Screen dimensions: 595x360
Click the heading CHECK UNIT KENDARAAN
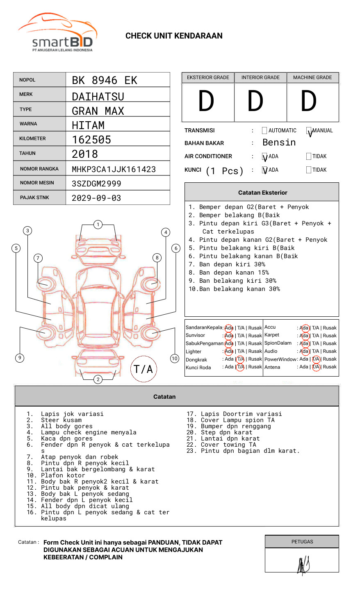(174, 36)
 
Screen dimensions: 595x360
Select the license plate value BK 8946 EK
(105, 80)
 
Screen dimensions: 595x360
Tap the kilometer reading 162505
(91, 140)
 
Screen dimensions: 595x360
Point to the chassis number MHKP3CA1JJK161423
(114, 169)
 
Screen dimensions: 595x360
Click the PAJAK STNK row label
(34, 198)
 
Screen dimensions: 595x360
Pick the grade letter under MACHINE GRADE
(308, 102)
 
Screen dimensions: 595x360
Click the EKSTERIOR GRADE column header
(208, 77)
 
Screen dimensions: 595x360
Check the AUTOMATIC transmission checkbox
(264, 131)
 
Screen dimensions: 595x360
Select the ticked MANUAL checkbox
(309, 131)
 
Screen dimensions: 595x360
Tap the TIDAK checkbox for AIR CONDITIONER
(309, 157)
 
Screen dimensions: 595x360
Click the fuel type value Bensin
(279, 143)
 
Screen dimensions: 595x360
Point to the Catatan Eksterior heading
(262, 193)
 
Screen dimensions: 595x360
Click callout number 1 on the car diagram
(98, 225)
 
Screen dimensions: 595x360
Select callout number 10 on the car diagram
(175, 359)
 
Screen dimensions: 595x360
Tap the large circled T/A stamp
(144, 369)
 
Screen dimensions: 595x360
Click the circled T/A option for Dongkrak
(240, 359)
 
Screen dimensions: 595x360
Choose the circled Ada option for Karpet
(304, 336)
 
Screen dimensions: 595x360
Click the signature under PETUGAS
(303, 565)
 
